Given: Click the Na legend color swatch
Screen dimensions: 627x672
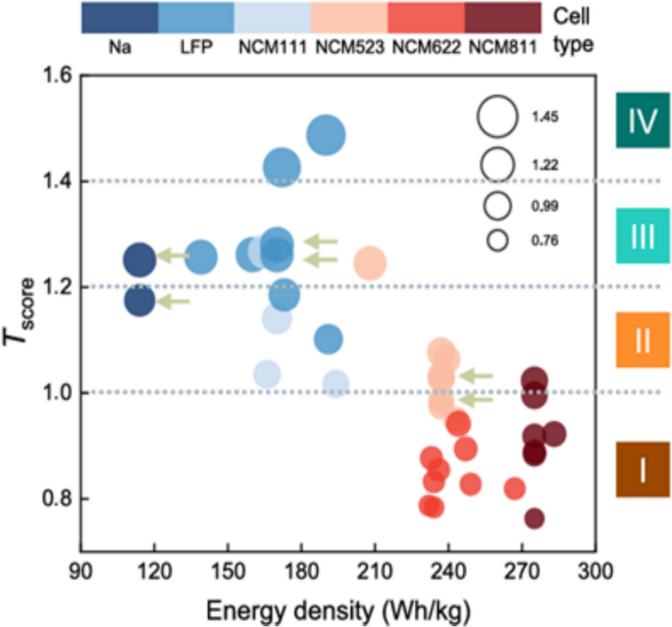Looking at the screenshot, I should (x=120, y=18).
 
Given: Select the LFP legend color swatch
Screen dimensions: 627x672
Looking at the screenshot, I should (x=196, y=18).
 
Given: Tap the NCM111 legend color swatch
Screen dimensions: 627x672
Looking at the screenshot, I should (x=273, y=18).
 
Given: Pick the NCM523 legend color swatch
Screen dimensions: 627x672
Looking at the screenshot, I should (x=349, y=18).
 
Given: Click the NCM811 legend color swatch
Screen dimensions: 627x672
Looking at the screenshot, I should (x=501, y=18).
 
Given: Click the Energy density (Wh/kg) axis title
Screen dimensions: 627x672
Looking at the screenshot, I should (x=337, y=608).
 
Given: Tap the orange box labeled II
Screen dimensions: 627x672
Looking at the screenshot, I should (x=643, y=340).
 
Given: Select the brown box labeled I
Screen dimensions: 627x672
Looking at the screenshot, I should (x=643, y=470).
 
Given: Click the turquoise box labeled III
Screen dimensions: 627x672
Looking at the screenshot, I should (x=643, y=237).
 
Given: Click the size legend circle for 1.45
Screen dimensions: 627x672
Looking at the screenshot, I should (x=497, y=117).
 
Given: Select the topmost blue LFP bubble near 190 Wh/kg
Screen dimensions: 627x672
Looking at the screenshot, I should (x=326, y=135).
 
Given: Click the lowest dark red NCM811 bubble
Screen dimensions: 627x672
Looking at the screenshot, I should (x=534, y=518).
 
